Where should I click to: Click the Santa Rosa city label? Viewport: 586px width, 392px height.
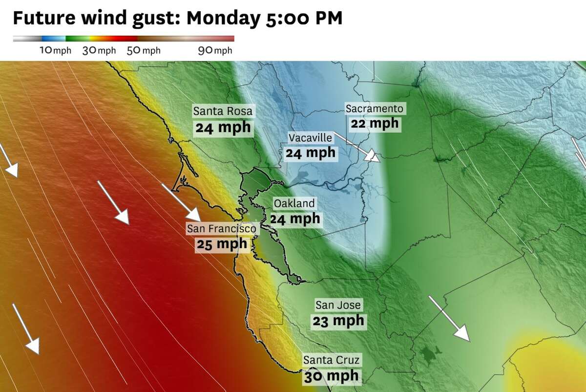tap(223, 111)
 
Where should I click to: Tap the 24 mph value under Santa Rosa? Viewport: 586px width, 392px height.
tap(223, 128)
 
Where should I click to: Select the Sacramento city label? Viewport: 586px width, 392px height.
tap(375, 109)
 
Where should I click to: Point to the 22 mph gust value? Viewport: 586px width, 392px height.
tap(375, 124)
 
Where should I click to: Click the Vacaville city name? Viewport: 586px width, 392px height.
tap(310, 138)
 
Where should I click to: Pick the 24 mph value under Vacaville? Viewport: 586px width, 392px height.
tap(311, 153)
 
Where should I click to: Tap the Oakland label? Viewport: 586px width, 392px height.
tap(294, 203)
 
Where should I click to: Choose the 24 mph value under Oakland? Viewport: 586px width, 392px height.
tap(295, 218)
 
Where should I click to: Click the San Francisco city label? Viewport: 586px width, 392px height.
tap(222, 228)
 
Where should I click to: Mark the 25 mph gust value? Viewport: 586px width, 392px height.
tap(222, 244)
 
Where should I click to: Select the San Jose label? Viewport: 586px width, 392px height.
tap(338, 305)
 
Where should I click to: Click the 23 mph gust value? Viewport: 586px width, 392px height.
tap(338, 321)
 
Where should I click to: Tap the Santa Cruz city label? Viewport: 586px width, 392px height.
tap(332, 360)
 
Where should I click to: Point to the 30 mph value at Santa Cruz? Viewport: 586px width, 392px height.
tap(332, 376)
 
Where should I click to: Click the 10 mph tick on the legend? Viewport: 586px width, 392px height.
tap(55, 50)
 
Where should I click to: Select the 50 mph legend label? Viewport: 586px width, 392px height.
tap(143, 50)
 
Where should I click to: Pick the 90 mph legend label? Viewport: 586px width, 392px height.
tap(215, 50)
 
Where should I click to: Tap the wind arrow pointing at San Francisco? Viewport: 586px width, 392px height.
tap(181, 202)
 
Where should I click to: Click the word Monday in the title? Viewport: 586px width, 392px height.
tap(224, 18)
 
